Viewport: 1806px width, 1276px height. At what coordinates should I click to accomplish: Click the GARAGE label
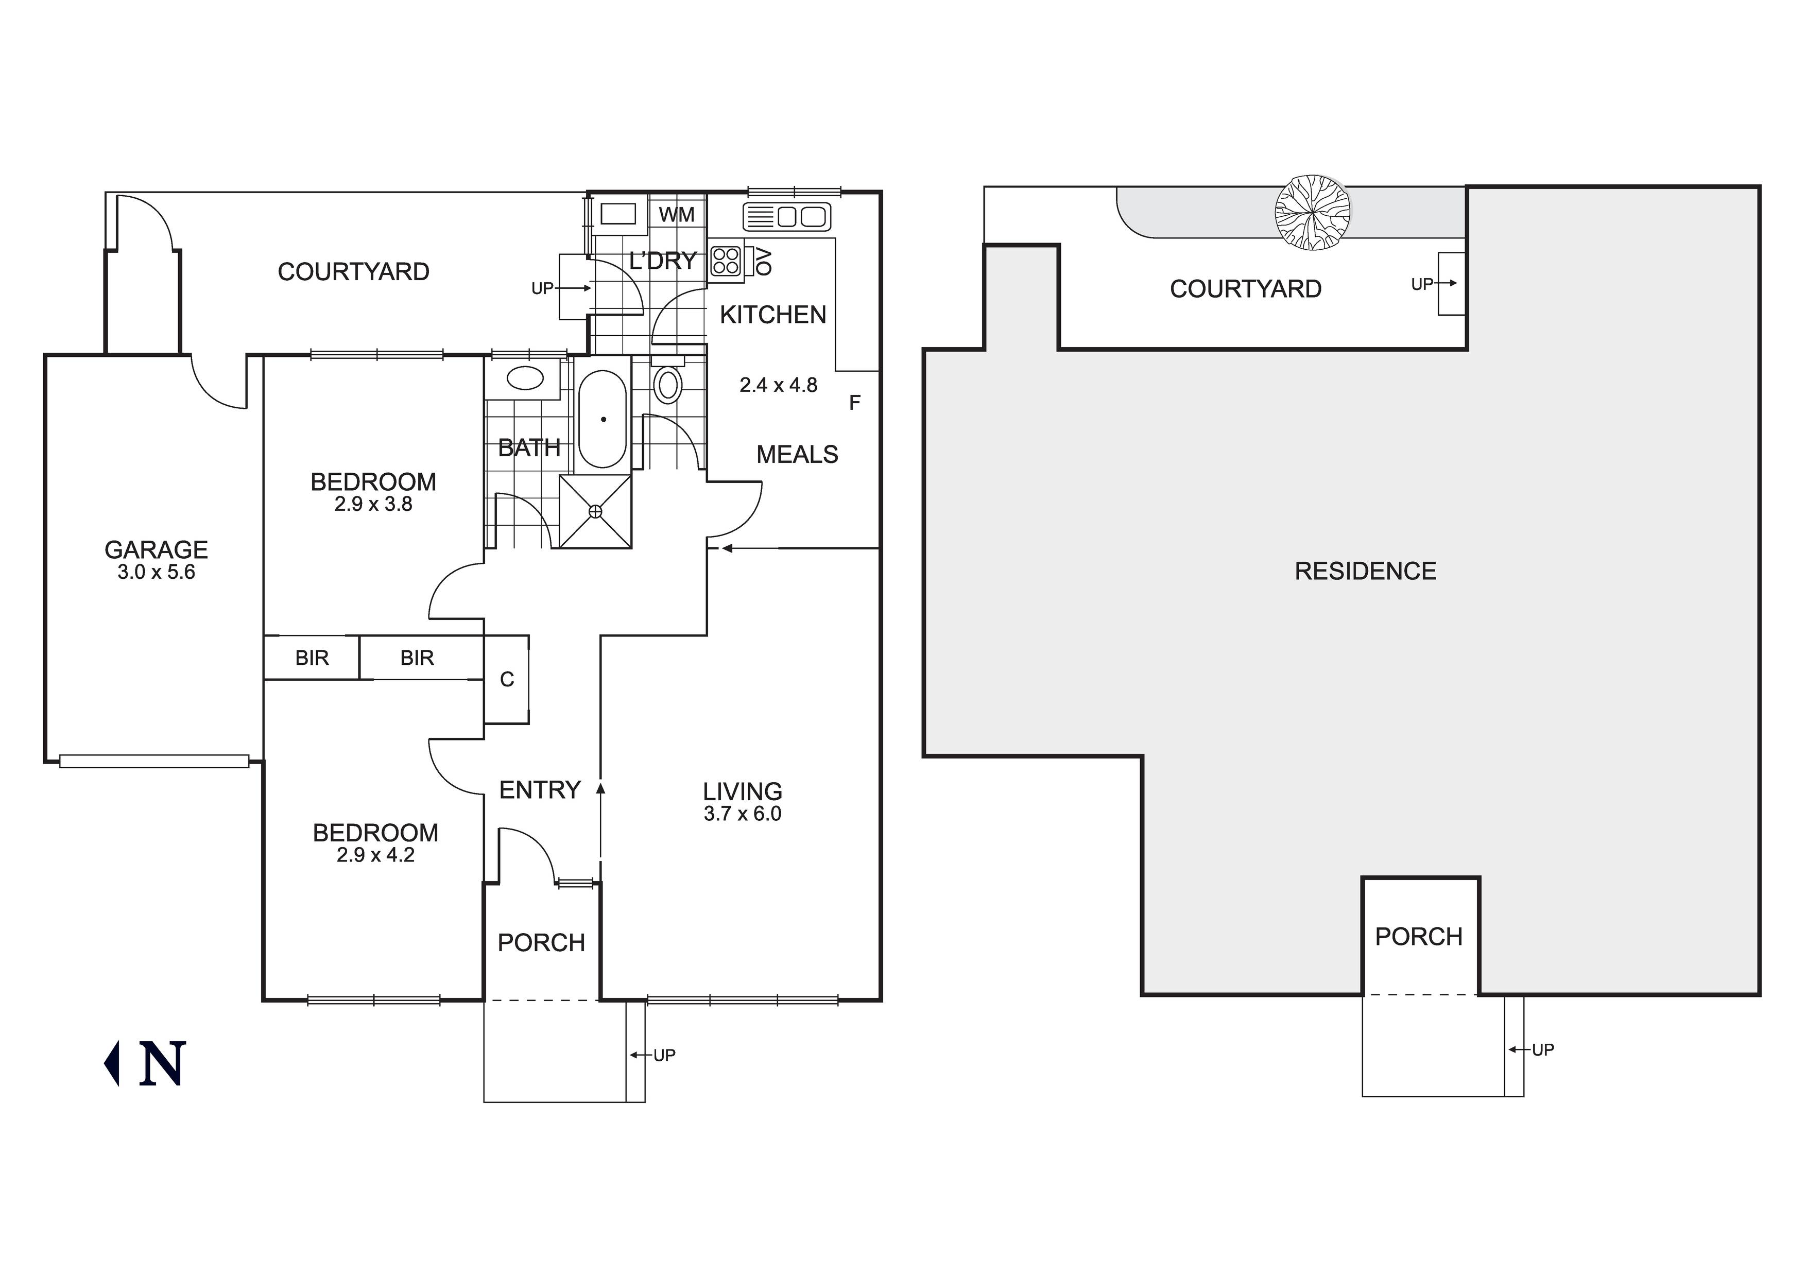tap(157, 549)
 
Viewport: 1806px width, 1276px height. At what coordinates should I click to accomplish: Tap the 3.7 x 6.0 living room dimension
tap(743, 814)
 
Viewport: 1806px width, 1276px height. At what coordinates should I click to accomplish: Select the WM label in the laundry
tap(677, 215)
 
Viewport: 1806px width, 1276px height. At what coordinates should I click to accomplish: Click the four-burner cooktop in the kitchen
tap(726, 261)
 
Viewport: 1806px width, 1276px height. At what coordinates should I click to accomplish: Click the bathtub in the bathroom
tap(604, 419)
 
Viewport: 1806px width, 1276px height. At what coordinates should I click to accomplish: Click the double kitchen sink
tap(786, 216)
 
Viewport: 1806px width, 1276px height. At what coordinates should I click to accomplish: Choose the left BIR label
tap(312, 658)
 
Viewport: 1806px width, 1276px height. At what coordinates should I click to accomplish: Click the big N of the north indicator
tap(162, 1064)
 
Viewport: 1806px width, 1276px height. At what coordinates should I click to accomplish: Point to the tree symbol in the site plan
tap(1313, 212)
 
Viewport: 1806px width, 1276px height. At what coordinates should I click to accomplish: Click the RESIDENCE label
tap(1366, 571)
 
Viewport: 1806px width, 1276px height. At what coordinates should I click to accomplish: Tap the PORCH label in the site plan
tap(1419, 937)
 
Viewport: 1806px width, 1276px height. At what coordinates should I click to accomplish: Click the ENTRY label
tap(540, 790)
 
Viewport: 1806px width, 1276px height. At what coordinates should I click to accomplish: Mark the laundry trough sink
tap(618, 214)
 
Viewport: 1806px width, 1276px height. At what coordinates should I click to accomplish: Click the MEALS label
tap(798, 455)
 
